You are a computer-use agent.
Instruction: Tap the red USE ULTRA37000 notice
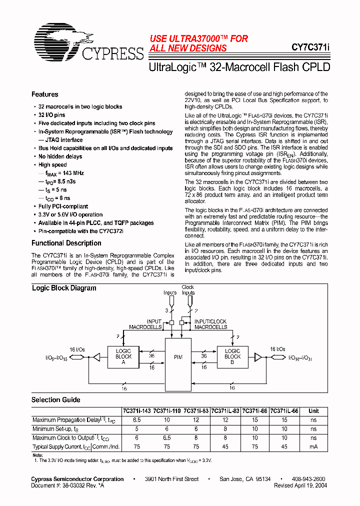coord(198,43)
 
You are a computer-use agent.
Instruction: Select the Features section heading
coord(45,94)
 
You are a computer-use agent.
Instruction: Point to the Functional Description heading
coord(66,243)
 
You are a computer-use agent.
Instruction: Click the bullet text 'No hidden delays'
coord(60,156)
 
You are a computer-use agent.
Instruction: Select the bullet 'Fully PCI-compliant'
coord(63,206)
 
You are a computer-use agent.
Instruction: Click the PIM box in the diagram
coord(178,357)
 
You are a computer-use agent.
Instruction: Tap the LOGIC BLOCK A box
coord(123,357)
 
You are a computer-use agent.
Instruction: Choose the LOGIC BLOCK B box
coord(232,357)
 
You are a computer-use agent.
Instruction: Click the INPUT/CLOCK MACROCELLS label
coord(210,324)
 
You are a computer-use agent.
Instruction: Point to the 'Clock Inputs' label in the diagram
coord(188,290)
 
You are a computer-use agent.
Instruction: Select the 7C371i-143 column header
coord(137,411)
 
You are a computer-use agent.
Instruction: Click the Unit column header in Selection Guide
coord(313,411)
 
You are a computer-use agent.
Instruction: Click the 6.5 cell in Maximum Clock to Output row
coord(167,438)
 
